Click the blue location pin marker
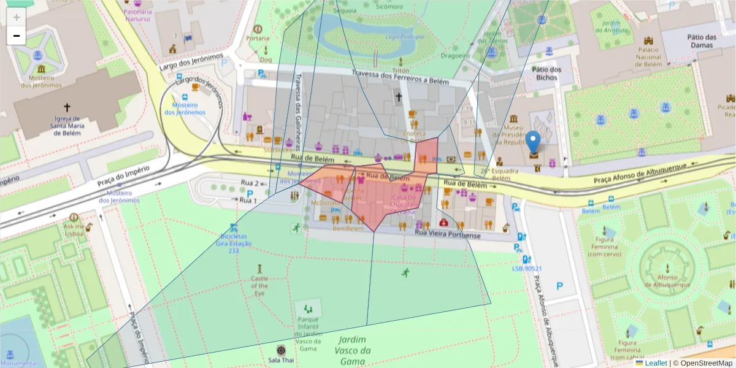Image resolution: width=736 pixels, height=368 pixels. tap(534, 142)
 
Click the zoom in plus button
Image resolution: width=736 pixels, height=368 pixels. tap(17, 17)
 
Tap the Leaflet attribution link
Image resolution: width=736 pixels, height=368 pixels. tap(656, 363)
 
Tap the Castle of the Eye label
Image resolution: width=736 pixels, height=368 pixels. tap(259, 285)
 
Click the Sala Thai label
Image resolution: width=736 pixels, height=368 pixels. tap(281, 359)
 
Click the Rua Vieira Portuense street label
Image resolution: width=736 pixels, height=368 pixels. tap(448, 234)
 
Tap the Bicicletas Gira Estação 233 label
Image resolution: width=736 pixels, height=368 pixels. tap(234, 243)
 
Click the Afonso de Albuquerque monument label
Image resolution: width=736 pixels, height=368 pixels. tap(667, 281)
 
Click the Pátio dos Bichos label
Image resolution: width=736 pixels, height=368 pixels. tap(546, 74)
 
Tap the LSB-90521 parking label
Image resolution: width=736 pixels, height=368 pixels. tap(527, 268)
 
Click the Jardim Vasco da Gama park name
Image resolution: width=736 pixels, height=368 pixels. tap(353, 350)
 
